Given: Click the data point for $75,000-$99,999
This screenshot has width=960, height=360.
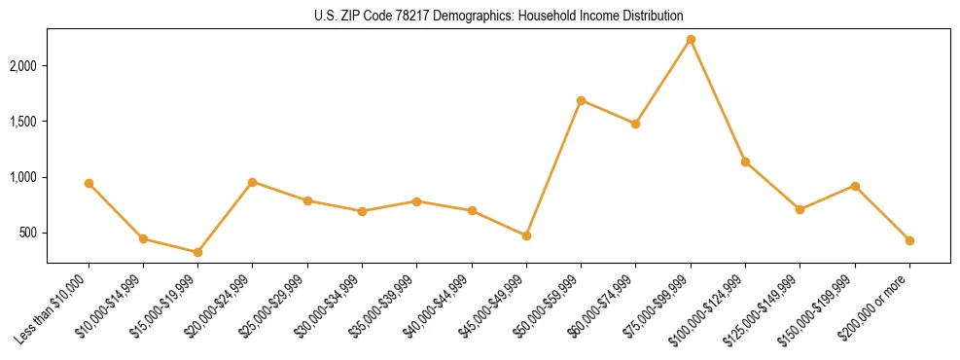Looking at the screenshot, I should click(691, 39).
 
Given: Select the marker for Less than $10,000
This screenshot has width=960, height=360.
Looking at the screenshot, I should click(89, 183).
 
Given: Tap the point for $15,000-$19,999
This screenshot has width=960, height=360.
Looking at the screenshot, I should click(197, 252).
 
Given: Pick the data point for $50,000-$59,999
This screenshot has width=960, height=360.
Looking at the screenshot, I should click(581, 100).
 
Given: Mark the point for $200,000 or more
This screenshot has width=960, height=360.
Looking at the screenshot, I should click(909, 240).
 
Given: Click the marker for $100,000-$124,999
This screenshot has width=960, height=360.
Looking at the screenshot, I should click(745, 162).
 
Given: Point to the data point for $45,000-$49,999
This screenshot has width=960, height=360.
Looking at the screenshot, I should click(526, 235).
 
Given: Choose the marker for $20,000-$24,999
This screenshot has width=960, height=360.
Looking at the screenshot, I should click(252, 182).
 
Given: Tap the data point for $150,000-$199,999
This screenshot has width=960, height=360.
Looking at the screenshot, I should click(855, 186).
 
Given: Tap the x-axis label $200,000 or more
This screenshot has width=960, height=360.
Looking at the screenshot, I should click(874, 309).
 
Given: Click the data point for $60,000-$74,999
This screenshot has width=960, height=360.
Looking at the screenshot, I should click(635, 124).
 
